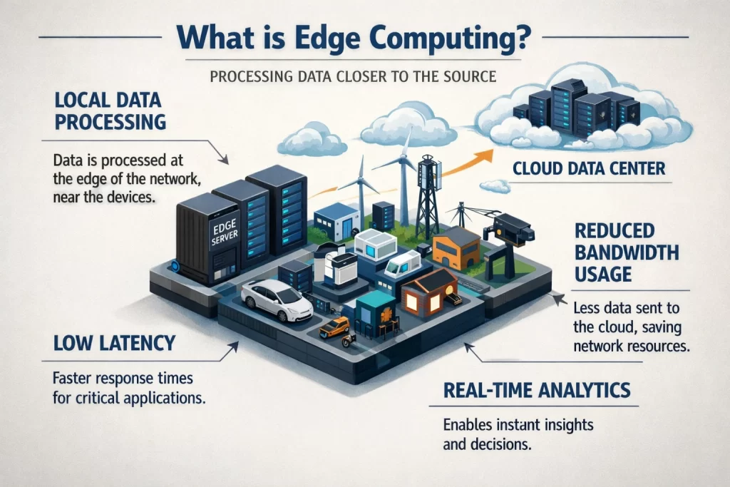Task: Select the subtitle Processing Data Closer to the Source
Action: coord(353,76)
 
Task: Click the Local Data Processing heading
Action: coord(110,111)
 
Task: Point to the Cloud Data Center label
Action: coord(589,168)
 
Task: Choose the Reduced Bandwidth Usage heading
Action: coord(627,252)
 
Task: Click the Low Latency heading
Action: coord(115,343)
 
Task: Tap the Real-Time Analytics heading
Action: coord(537,390)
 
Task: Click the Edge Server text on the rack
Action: coord(225,232)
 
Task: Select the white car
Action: coord(277,300)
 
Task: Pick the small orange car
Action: coord(335,327)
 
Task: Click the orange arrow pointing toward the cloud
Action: coord(466,163)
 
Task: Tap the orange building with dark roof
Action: coord(456,248)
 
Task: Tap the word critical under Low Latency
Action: coord(100,398)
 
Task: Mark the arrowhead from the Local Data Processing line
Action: coord(225,160)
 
